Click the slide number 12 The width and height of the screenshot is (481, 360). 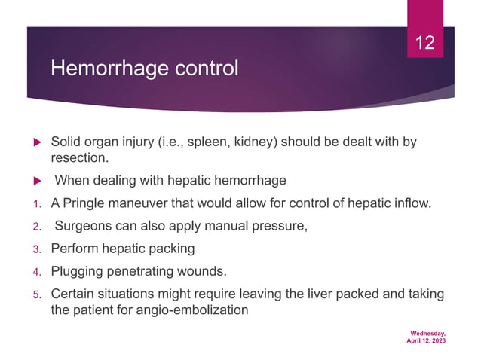pyautogui.click(x=426, y=43)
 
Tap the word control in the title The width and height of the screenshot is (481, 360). pyautogui.click(x=209, y=69)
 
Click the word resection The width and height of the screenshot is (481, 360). pyautogui.click(x=78, y=158)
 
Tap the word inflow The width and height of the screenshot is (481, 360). pyautogui.click(x=412, y=203)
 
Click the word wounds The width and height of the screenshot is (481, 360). pyautogui.click(x=204, y=270)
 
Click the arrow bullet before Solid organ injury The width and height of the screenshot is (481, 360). pyautogui.click(x=40, y=142)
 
